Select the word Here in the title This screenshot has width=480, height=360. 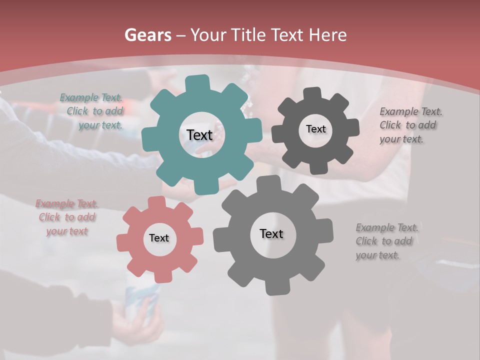pos(328,35)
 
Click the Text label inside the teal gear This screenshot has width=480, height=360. pos(199,135)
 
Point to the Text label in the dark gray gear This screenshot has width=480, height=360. pos(315,129)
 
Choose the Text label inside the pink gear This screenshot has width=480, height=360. pos(159,238)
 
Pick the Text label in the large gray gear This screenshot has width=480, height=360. pos(271,234)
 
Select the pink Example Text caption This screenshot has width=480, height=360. pos(67,217)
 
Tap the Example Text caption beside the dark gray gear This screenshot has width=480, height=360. pos(411,125)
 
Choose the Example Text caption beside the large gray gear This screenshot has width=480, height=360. pos(386,241)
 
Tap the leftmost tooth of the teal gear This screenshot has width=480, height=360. pos(149,137)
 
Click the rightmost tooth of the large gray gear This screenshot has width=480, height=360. pos(326,229)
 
